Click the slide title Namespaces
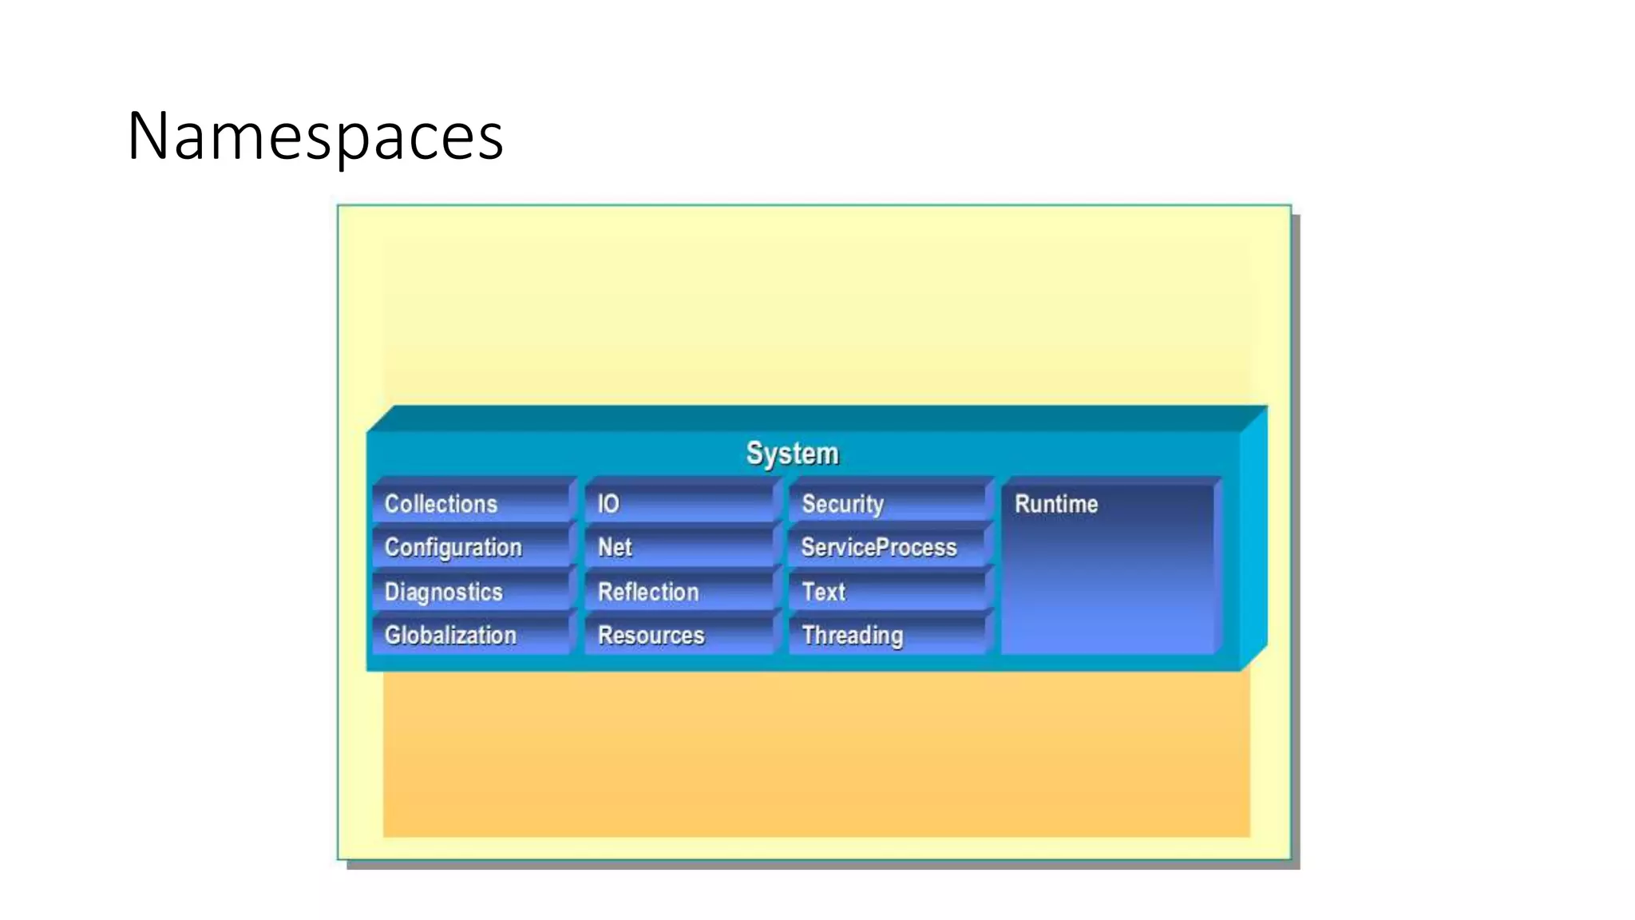click(315, 136)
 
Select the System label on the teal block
click(792, 454)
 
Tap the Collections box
click(473, 504)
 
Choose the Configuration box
click(473, 548)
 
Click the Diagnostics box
click(473, 592)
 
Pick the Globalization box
click(473, 636)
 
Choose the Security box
click(888, 504)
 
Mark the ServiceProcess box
click(888, 548)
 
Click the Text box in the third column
click(888, 592)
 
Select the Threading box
click(888, 636)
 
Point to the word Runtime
click(1056, 504)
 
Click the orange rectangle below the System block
click(816, 755)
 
